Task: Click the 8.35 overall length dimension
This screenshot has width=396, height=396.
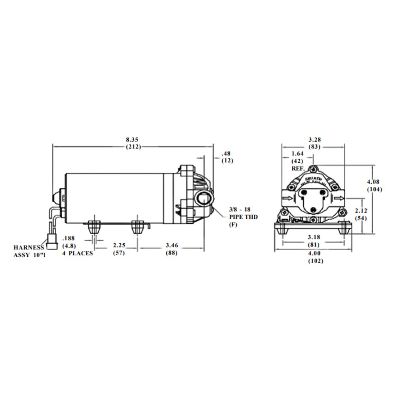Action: (x=132, y=140)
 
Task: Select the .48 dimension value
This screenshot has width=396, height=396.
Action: (x=226, y=153)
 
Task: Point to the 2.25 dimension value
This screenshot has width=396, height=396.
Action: (x=119, y=246)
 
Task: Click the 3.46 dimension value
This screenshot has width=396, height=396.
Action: (x=171, y=246)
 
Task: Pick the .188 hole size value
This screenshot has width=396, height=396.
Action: (x=69, y=238)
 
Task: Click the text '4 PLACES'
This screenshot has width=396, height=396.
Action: (x=78, y=253)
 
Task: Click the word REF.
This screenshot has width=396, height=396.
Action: (x=298, y=168)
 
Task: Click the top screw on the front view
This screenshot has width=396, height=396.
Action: (x=313, y=168)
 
